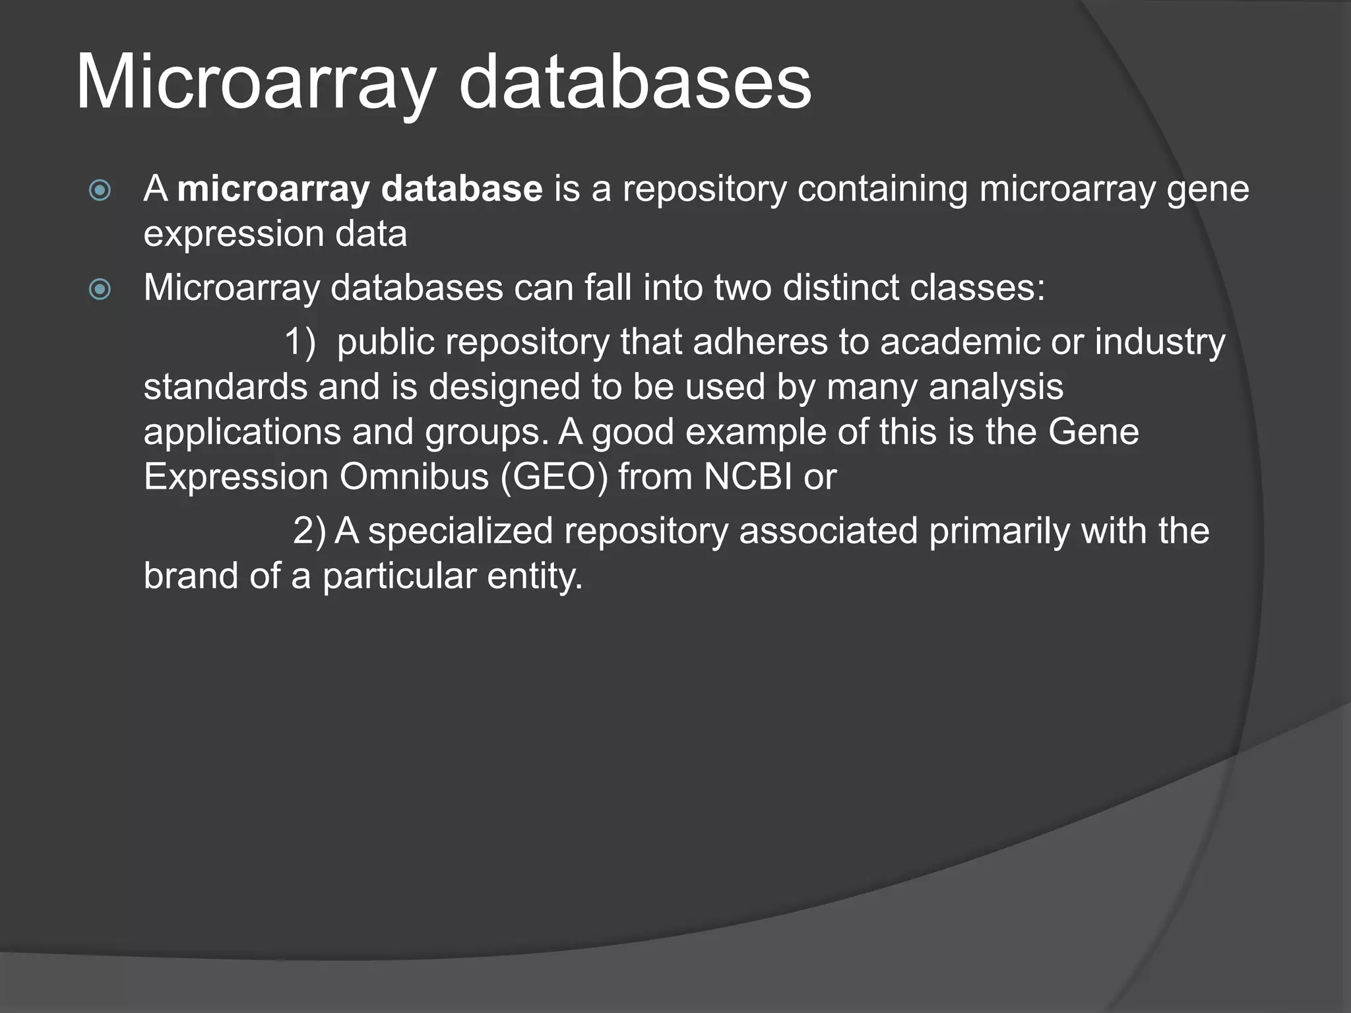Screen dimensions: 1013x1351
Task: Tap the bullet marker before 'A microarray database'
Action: pos(100,191)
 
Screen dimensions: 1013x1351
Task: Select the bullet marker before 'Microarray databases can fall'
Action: pos(100,289)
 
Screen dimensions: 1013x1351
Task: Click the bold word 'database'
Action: pos(462,189)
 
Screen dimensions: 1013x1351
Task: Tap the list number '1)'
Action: pos(300,343)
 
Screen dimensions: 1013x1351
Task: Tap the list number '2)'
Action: pos(309,532)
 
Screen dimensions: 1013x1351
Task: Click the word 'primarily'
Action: pos(999,532)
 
